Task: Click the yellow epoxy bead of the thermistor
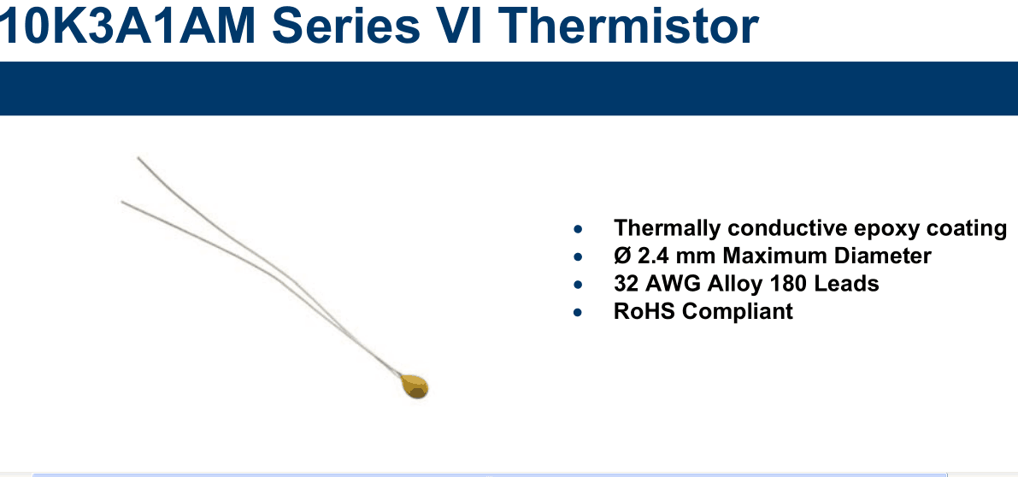point(415,386)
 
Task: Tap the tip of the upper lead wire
point(138,157)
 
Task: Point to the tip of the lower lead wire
point(122,202)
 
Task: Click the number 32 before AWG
point(625,284)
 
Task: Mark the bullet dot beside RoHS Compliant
point(578,313)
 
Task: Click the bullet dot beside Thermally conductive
point(578,230)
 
